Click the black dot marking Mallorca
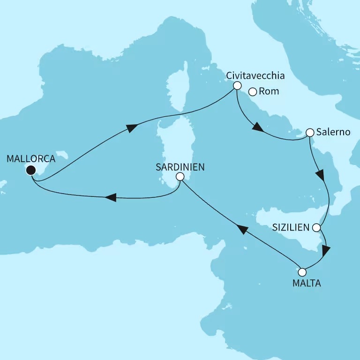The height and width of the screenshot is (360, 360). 31,170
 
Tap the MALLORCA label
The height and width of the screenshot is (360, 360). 31,159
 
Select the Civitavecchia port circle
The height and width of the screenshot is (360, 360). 237,86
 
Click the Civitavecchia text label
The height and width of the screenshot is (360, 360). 255,75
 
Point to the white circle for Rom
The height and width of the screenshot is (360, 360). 252,92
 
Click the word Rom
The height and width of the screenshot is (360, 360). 269,92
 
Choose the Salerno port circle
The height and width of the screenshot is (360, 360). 309,133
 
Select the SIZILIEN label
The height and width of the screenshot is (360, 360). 291,228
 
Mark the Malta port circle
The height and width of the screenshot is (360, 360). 302,272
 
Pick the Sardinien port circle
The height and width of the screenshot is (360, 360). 180,177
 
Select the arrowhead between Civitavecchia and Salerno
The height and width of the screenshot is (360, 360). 257,127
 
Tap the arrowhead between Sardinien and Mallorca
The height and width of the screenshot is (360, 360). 110,198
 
